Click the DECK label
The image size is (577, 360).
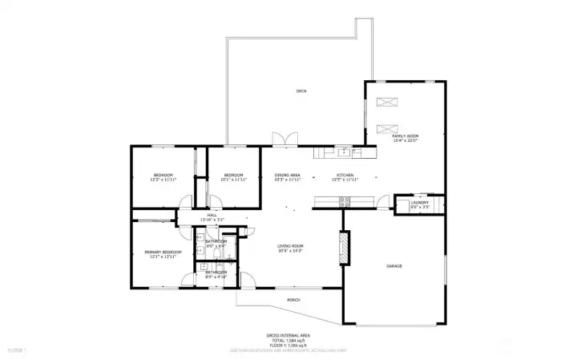tap(301, 91)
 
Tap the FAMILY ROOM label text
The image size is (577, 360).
tap(405, 136)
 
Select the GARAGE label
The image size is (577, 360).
tap(393, 266)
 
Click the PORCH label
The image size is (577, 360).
tap(294, 301)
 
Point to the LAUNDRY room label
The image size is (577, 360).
tap(420, 203)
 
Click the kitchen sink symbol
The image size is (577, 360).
tap(343, 151)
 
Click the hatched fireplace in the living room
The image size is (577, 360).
tap(345, 249)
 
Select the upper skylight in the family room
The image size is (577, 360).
tap(386, 101)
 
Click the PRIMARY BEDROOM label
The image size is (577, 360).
tap(163, 252)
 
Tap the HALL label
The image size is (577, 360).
tap(212, 215)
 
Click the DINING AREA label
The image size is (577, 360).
tap(287, 175)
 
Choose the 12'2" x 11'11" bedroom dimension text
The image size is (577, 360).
tap(163, 180)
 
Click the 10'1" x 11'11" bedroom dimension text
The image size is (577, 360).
tap(233, 180)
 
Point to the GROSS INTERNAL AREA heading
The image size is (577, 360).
tap(288, 335)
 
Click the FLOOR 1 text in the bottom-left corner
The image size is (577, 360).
tap(17, 350)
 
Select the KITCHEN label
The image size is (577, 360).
tap(345, 175)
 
